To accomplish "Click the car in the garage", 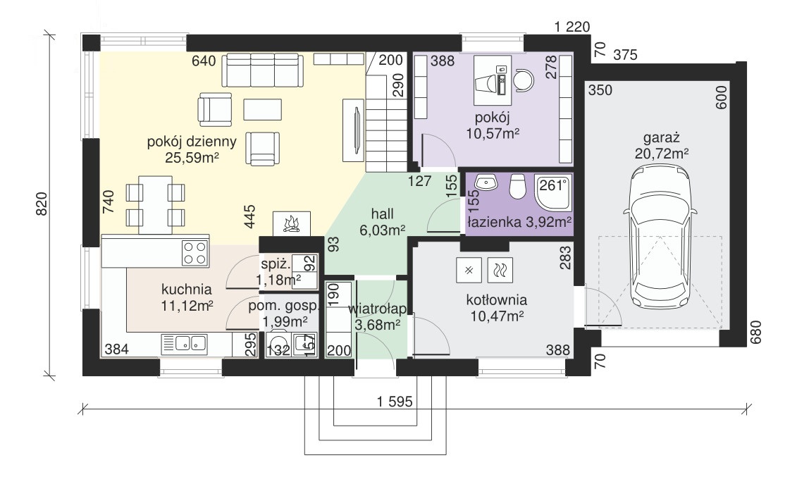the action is (x=660, y=238).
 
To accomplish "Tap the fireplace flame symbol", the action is (x=291, y=224).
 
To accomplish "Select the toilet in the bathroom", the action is (x=517, y=187).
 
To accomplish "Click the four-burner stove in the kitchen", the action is (x=195, y=253).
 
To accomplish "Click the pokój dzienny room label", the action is (x=192, y=141).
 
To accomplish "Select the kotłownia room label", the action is (x=497, y=299).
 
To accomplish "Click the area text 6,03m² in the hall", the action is (x=382, y=230).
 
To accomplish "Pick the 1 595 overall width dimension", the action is (x=395, y=402).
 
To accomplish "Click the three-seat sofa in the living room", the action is (x=262, y=70).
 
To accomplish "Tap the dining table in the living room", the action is (x=155, y=204).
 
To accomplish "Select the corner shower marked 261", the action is (x=553, y=192).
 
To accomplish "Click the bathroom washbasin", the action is (x=488, y=182).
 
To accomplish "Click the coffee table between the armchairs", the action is (x=262, y=109).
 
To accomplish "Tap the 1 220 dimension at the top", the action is (x=572, y=27).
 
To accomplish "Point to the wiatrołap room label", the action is (x=377, y=309).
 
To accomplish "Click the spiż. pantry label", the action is (x=276, y=264).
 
